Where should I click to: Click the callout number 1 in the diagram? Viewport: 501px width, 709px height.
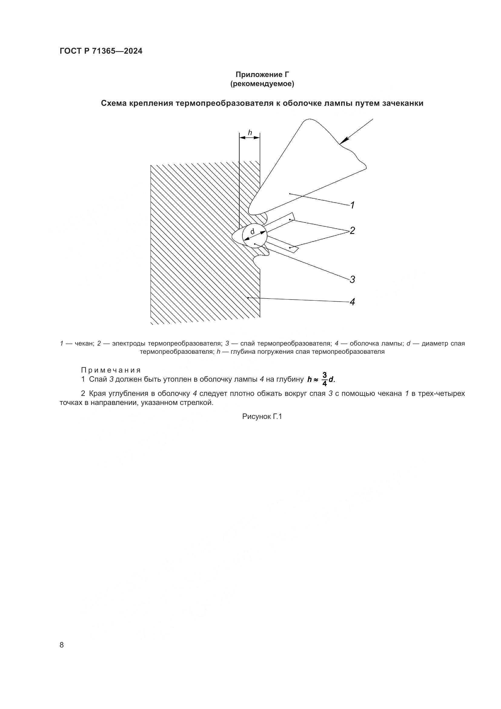(x=352, y=205)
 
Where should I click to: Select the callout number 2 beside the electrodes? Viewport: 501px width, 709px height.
(x=352, y=231)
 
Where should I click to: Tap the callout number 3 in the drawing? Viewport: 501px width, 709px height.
(x=352, y=279)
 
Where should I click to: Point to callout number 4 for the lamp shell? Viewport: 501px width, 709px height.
(x=352, y=302)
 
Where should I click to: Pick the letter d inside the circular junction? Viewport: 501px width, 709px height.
(x=252, y=231)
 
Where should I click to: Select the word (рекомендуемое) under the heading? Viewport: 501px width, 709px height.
(x=262, y=84)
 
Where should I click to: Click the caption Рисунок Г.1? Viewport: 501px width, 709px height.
(x=262, y=416)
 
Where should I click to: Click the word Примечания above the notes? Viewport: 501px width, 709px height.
(x=111, y=370)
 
